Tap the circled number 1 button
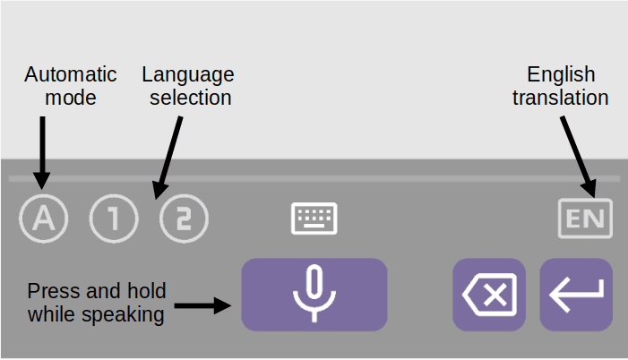coord(114,219)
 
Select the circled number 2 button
coord(184,219)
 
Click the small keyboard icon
coord(314,219)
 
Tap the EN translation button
coord(585,219)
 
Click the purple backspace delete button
coord(489,295)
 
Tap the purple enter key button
coord(576,295)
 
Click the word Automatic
coord(71,74)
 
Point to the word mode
coord(71,98)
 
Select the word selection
coord(191,98)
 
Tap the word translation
coord(561,98)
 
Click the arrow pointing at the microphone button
coord(202,306)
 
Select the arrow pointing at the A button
coord(42,153)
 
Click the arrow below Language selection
coord(168,158)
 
